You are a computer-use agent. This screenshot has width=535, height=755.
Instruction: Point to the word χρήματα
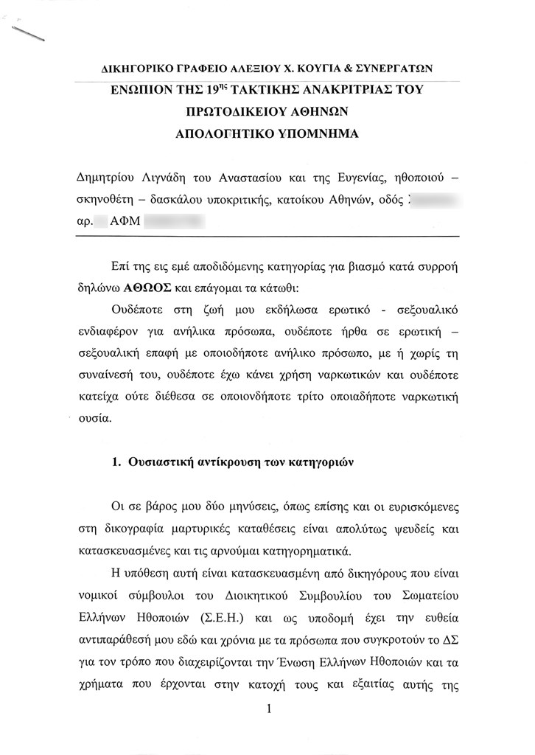(x=102, y=681)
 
